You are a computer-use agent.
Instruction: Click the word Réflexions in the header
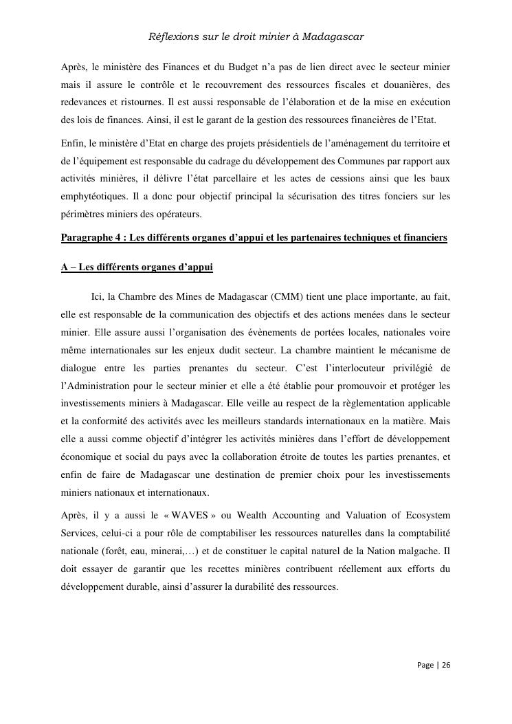pos(171,36)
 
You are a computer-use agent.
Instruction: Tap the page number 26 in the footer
pos(446,665)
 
